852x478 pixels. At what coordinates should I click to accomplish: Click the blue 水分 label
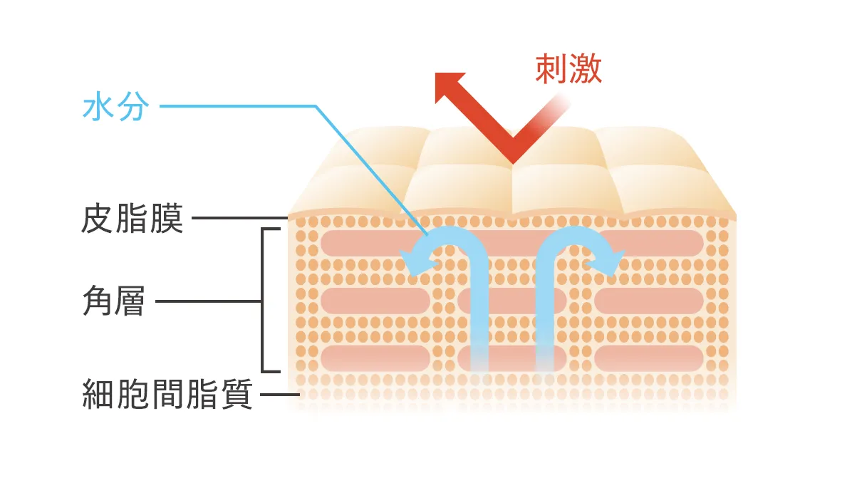tap(115, 106)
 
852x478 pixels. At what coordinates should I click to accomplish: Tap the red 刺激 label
tap(568, 69)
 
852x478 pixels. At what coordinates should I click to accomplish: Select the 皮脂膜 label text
tap(132, 219)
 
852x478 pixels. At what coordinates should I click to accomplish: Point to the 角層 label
tap(114, 301)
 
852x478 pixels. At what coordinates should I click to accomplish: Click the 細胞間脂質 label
tap(167, 394)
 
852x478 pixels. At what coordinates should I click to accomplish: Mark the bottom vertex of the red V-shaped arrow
tap(513, 161)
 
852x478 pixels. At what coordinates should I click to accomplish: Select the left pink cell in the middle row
tap(375, 301)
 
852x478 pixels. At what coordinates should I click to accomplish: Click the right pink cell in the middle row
tap(649, 301)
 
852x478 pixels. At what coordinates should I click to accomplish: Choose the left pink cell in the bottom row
tap(375, 358)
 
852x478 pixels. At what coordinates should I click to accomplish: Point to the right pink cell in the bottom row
tap(649, 358)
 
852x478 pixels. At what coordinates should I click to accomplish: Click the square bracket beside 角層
tap(263, 301)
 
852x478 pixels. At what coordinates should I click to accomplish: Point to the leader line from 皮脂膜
tap(239, 219)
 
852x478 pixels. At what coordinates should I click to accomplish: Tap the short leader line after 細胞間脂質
tap(280, 395)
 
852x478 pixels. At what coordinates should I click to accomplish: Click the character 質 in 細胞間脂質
tap(237, 394)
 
